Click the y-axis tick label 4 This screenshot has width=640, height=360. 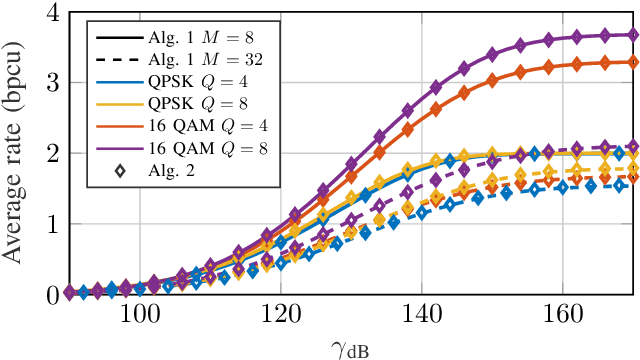pos(48,14)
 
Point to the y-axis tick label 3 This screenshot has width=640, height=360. pos(48,83)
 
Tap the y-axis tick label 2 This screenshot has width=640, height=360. pos(48,154)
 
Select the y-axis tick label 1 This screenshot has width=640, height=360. pos(48,224)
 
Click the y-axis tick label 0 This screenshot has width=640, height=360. pos(48,295)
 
